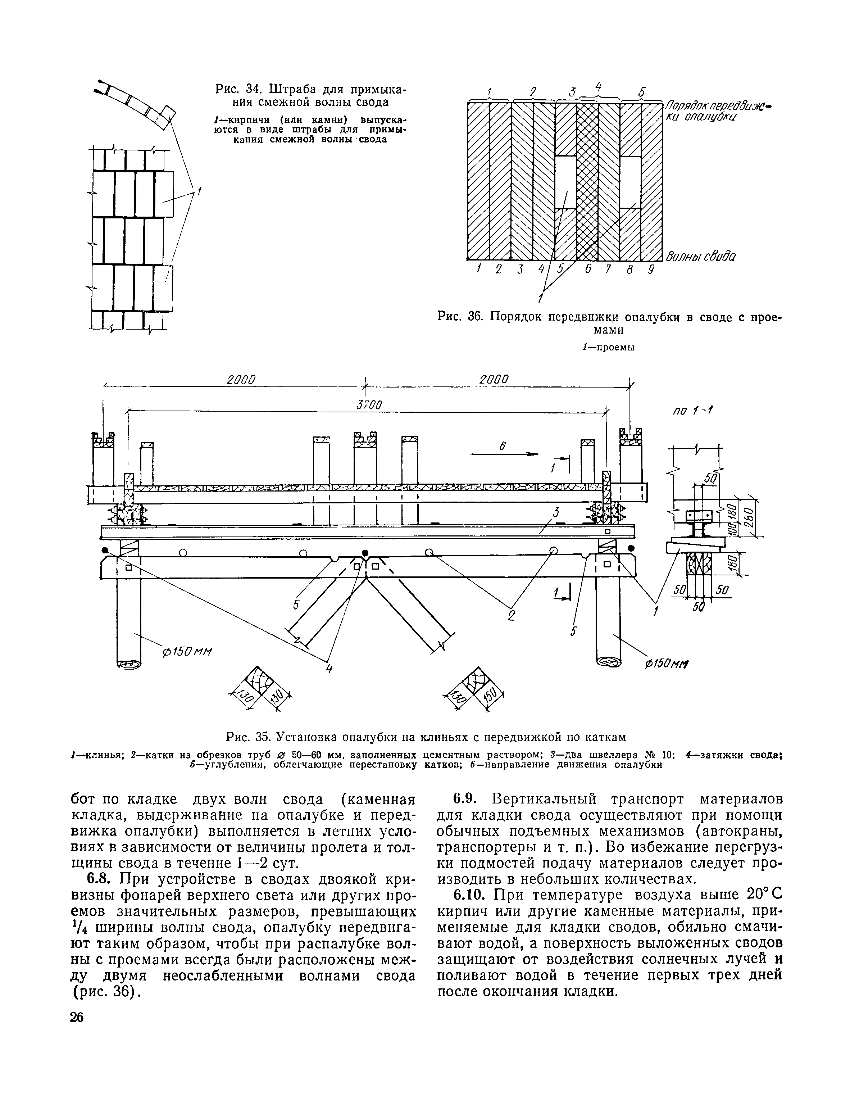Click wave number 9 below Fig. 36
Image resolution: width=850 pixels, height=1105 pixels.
click(x=652, y=270)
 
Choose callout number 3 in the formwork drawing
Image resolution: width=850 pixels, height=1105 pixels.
click(x=555, y=512)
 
